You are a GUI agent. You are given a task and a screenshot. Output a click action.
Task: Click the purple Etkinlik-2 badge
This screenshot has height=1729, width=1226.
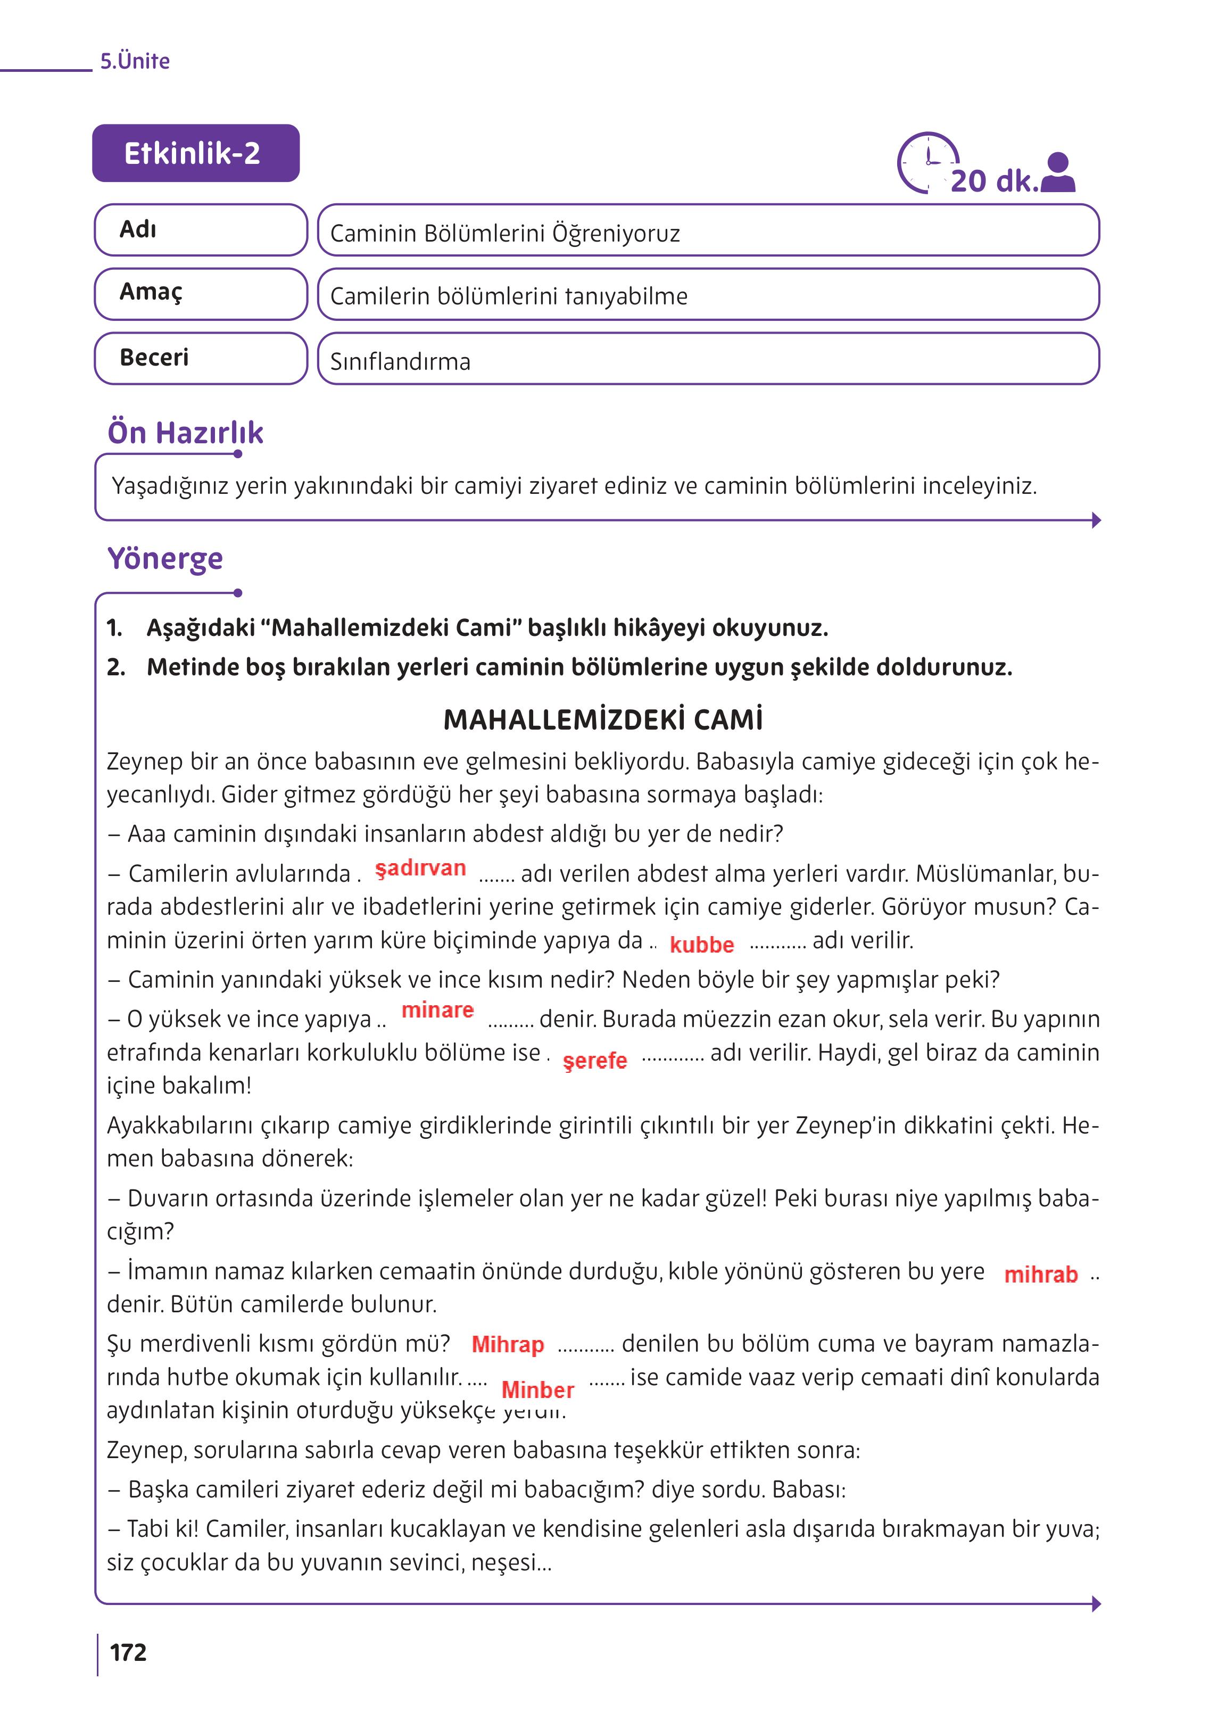click(195, 153)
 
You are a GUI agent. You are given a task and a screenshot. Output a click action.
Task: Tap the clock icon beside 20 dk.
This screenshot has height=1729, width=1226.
click(927, 162)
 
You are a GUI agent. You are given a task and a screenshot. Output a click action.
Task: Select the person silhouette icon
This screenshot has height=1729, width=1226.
click(1058, 173)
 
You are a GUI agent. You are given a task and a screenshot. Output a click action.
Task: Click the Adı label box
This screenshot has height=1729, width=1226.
click(200, 229)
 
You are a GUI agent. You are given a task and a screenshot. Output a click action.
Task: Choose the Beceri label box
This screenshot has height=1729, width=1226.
click(200, 358)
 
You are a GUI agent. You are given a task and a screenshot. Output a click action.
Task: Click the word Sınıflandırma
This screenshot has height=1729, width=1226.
click(400, 362)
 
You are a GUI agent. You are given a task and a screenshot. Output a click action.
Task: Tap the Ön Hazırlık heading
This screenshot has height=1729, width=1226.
click(185, 433)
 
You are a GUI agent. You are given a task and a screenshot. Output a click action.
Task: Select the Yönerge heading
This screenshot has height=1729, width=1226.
click(165, 559)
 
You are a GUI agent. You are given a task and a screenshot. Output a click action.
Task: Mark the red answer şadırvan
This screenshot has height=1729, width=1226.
click(420, 868)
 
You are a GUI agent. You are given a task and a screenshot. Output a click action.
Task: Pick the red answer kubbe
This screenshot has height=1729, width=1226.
click(701, 945)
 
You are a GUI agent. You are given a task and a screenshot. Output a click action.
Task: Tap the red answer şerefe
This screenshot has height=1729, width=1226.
click(595, 1060)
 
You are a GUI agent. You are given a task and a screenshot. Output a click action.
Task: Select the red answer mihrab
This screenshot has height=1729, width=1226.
click(1040, 1275)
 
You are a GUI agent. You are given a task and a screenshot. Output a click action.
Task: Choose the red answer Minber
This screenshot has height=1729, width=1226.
click(537, 1389)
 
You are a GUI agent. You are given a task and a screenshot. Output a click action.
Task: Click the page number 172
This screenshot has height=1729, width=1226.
click(128, 1653)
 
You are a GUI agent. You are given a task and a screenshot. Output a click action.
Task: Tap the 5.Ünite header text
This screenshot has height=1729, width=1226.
click(135, 61)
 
